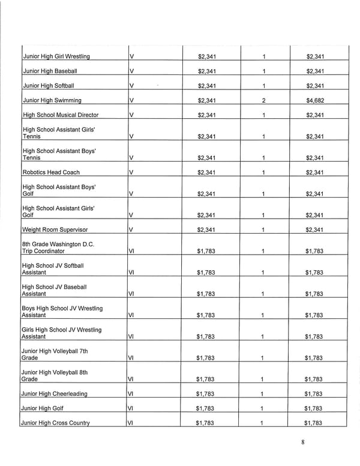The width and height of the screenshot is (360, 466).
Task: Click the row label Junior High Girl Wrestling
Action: point(56,56)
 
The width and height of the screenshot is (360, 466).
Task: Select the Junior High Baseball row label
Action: point(49,71)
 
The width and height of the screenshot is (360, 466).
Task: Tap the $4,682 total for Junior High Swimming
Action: point(314,100)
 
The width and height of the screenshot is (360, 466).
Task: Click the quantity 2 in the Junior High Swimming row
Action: point(264,100)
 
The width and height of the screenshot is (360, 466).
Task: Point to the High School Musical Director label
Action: point(60,115)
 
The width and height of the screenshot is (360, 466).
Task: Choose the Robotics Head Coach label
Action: point(50,172)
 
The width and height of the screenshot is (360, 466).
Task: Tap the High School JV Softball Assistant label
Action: point(53,268)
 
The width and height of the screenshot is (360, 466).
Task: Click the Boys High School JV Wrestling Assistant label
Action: point(62,311)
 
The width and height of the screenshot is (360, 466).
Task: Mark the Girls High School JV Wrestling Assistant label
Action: point(61,333)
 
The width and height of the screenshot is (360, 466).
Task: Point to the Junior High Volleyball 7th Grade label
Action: point(55,354)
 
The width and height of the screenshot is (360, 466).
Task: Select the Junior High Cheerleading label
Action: point(54,394)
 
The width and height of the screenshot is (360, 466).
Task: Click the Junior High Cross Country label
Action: point(56,423)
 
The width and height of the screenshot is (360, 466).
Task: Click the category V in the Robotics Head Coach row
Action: point(131,172)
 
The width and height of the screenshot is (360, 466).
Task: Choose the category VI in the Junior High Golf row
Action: point(132,408)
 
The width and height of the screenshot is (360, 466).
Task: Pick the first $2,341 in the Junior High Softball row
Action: point(206,86)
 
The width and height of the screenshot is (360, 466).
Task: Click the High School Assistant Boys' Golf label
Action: point(59,190)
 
